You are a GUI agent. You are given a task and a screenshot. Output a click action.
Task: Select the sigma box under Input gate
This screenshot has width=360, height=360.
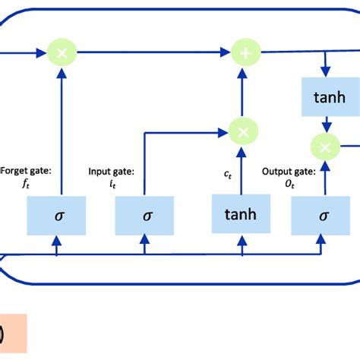(x=145, y=215)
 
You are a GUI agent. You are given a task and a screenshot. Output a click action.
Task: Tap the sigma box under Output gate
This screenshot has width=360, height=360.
(x=322, y=215)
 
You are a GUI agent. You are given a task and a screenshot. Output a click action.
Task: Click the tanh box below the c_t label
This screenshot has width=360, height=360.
(x=239, y=214)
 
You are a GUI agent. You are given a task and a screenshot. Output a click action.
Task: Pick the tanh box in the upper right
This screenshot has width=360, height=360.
(x=325, y=97)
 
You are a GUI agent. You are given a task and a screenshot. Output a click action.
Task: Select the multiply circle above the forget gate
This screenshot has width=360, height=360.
(x=58, y=52)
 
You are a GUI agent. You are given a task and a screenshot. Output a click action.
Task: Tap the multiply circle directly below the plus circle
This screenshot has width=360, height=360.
(x=243, y=131)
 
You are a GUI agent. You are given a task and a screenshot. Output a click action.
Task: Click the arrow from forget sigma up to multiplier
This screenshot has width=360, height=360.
(x=58, y=129)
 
